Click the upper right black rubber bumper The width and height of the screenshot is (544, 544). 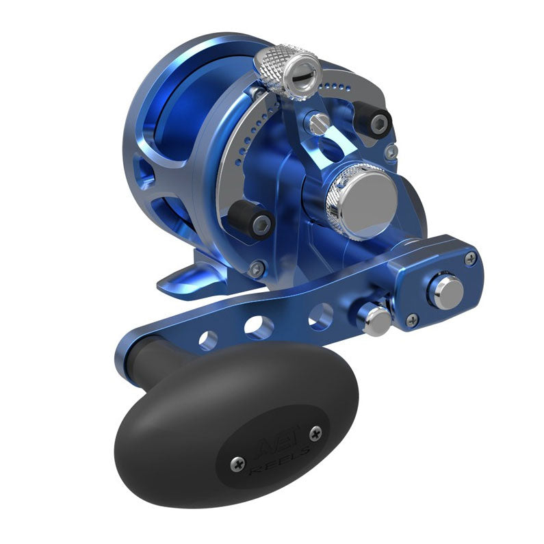[377, 121]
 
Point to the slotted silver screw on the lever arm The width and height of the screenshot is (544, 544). [318, 124]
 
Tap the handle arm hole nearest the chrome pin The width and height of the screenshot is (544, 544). [320, 317]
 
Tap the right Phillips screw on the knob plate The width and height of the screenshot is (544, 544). [315, 432]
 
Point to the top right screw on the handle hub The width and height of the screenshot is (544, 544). [470, 259]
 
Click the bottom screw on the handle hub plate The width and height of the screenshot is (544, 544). [412, 320]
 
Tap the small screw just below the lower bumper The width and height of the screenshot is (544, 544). [257, 268]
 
